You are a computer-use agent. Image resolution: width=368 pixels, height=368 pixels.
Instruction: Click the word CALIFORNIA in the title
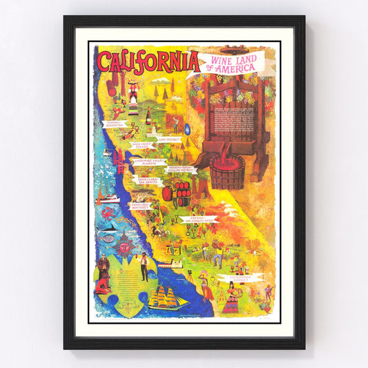coord(148,61)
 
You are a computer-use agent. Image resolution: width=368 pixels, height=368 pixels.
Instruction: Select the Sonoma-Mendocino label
coord(114,124)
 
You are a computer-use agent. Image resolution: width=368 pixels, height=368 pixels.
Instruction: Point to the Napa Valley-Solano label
coord(139,146)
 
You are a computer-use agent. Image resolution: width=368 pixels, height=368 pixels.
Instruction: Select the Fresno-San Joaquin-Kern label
coord(198,220)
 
